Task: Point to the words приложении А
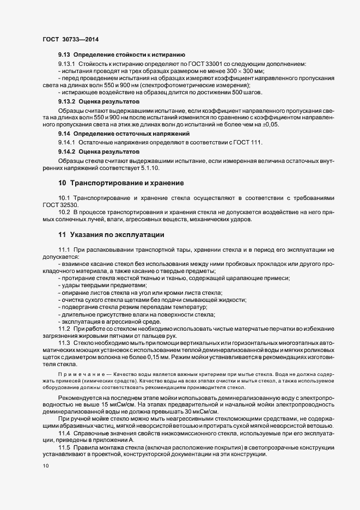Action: pyautogui.click(x=113, y=440)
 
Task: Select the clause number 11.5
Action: pyautogui.click(x=65, y=447)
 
